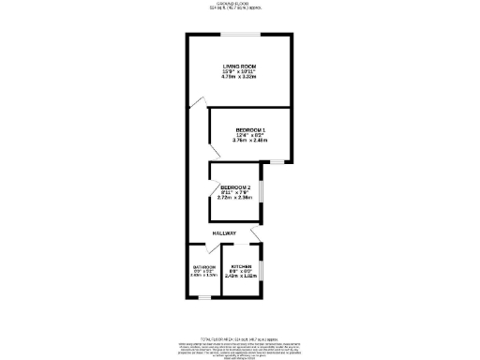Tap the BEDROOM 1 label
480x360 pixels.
251,129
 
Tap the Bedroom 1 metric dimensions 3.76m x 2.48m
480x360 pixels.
251,142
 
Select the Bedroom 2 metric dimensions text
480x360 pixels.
236,199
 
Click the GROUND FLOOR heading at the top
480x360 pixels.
240,4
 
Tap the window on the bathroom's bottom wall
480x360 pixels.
203,298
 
